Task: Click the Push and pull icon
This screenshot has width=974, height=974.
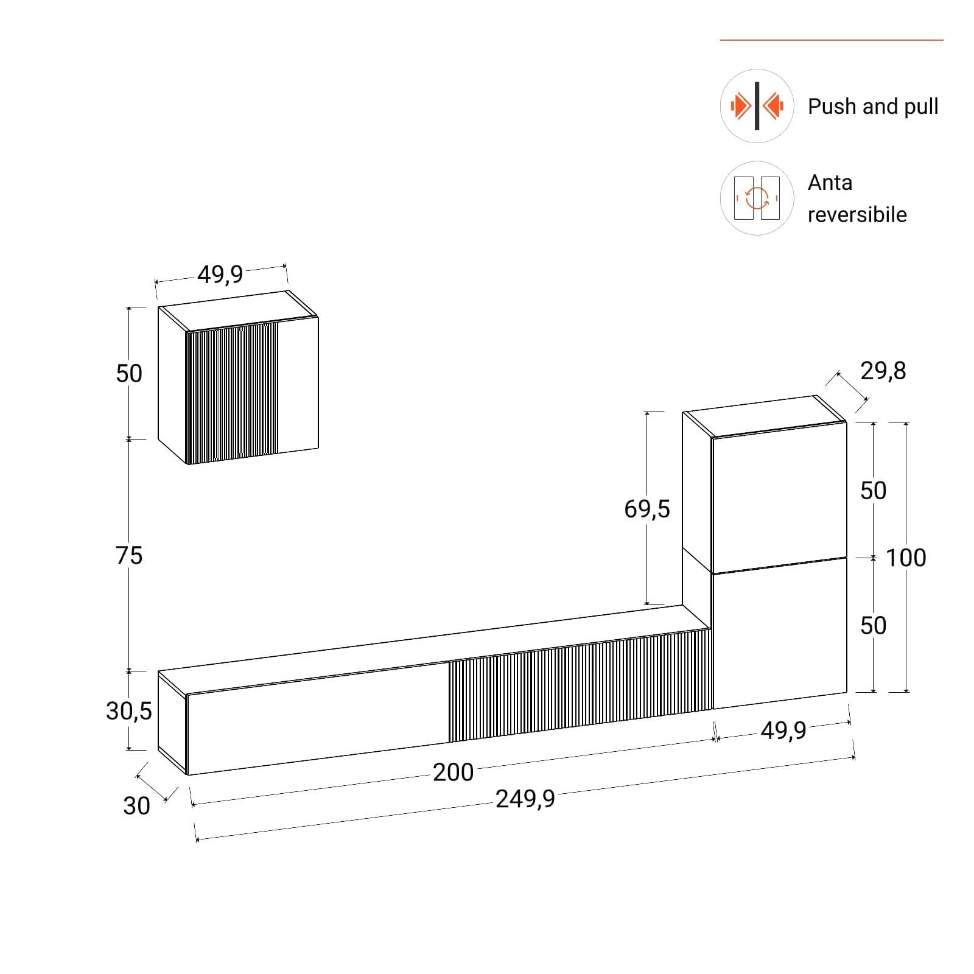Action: coord(757,106)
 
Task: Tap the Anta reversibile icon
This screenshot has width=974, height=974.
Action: coord(757,198)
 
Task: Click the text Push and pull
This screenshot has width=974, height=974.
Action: coord(872,107)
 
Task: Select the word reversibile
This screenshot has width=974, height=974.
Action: coord(857,214)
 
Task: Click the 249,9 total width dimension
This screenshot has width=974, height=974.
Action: coord(525,799)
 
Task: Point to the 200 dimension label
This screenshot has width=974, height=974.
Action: coord(453,772)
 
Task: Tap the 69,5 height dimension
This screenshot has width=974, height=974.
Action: coord(646,508)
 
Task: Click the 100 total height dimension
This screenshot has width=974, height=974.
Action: coord(906,558)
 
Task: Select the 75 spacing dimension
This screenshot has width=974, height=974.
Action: coord(129,555)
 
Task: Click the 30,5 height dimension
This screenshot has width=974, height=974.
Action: coord(128,710)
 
